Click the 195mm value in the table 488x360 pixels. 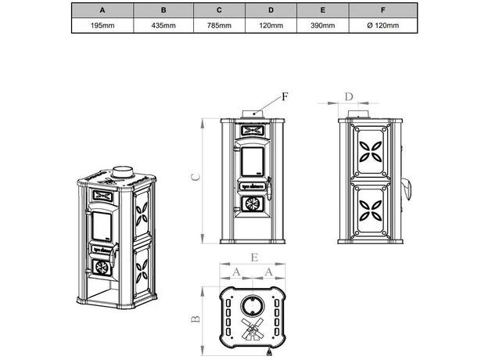(x=102, y=26)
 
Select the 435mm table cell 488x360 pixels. (x=163, y=26)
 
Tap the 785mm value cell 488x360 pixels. (x=220, y=26)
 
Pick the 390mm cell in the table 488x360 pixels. (x=322, y=26)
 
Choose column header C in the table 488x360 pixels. (x=220, y=10)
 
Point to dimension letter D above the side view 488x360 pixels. (x=349, y=97)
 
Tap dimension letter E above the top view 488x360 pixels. (x=254, y=257)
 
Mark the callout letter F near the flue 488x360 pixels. (x=285, y=96)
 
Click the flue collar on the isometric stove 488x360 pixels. (x=123, y=171)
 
